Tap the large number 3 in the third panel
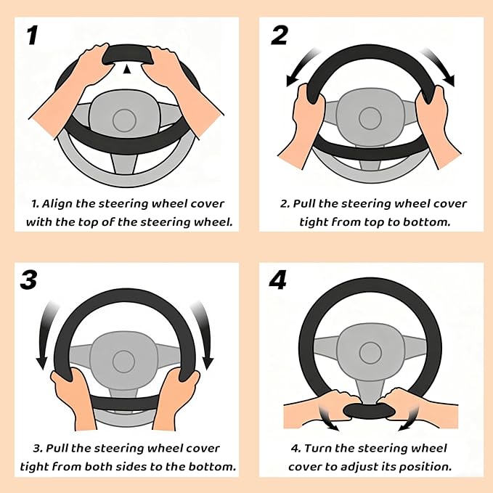(x=29, y=280)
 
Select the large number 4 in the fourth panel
(x=278, y=280)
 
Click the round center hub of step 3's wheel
(x=123, y=359)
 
